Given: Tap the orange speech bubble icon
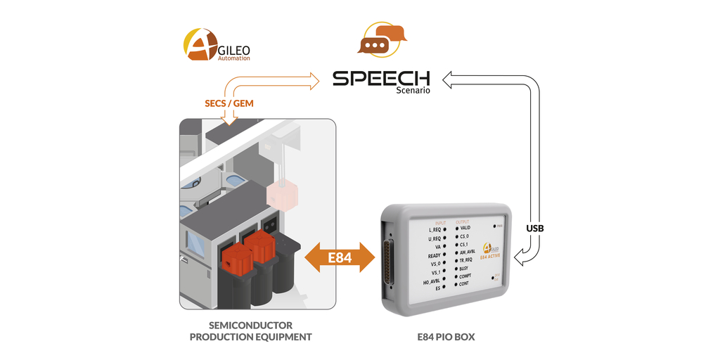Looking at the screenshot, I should [x=381, y=39].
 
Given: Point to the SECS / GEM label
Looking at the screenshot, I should [x=229, y=103].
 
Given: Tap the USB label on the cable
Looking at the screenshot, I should [x=535, y=229].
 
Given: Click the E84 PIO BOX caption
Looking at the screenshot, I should [x=445, y=337].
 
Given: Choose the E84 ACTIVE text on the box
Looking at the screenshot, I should [x=489, y=257].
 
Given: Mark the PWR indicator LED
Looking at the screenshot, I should [x=494, y=226].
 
